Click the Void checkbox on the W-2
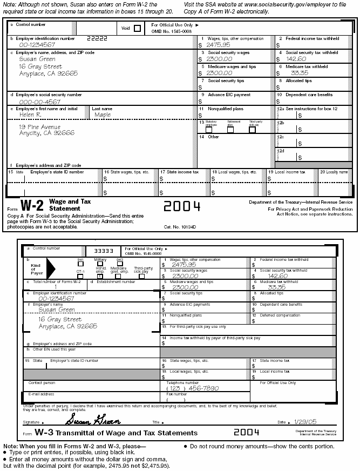click(137, 29)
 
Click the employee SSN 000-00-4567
click(39, 102)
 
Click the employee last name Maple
click(103, 115)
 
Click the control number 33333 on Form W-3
click(103, 251)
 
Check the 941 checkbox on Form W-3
click(80, 264)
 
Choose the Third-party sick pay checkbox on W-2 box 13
click(252, 130)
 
